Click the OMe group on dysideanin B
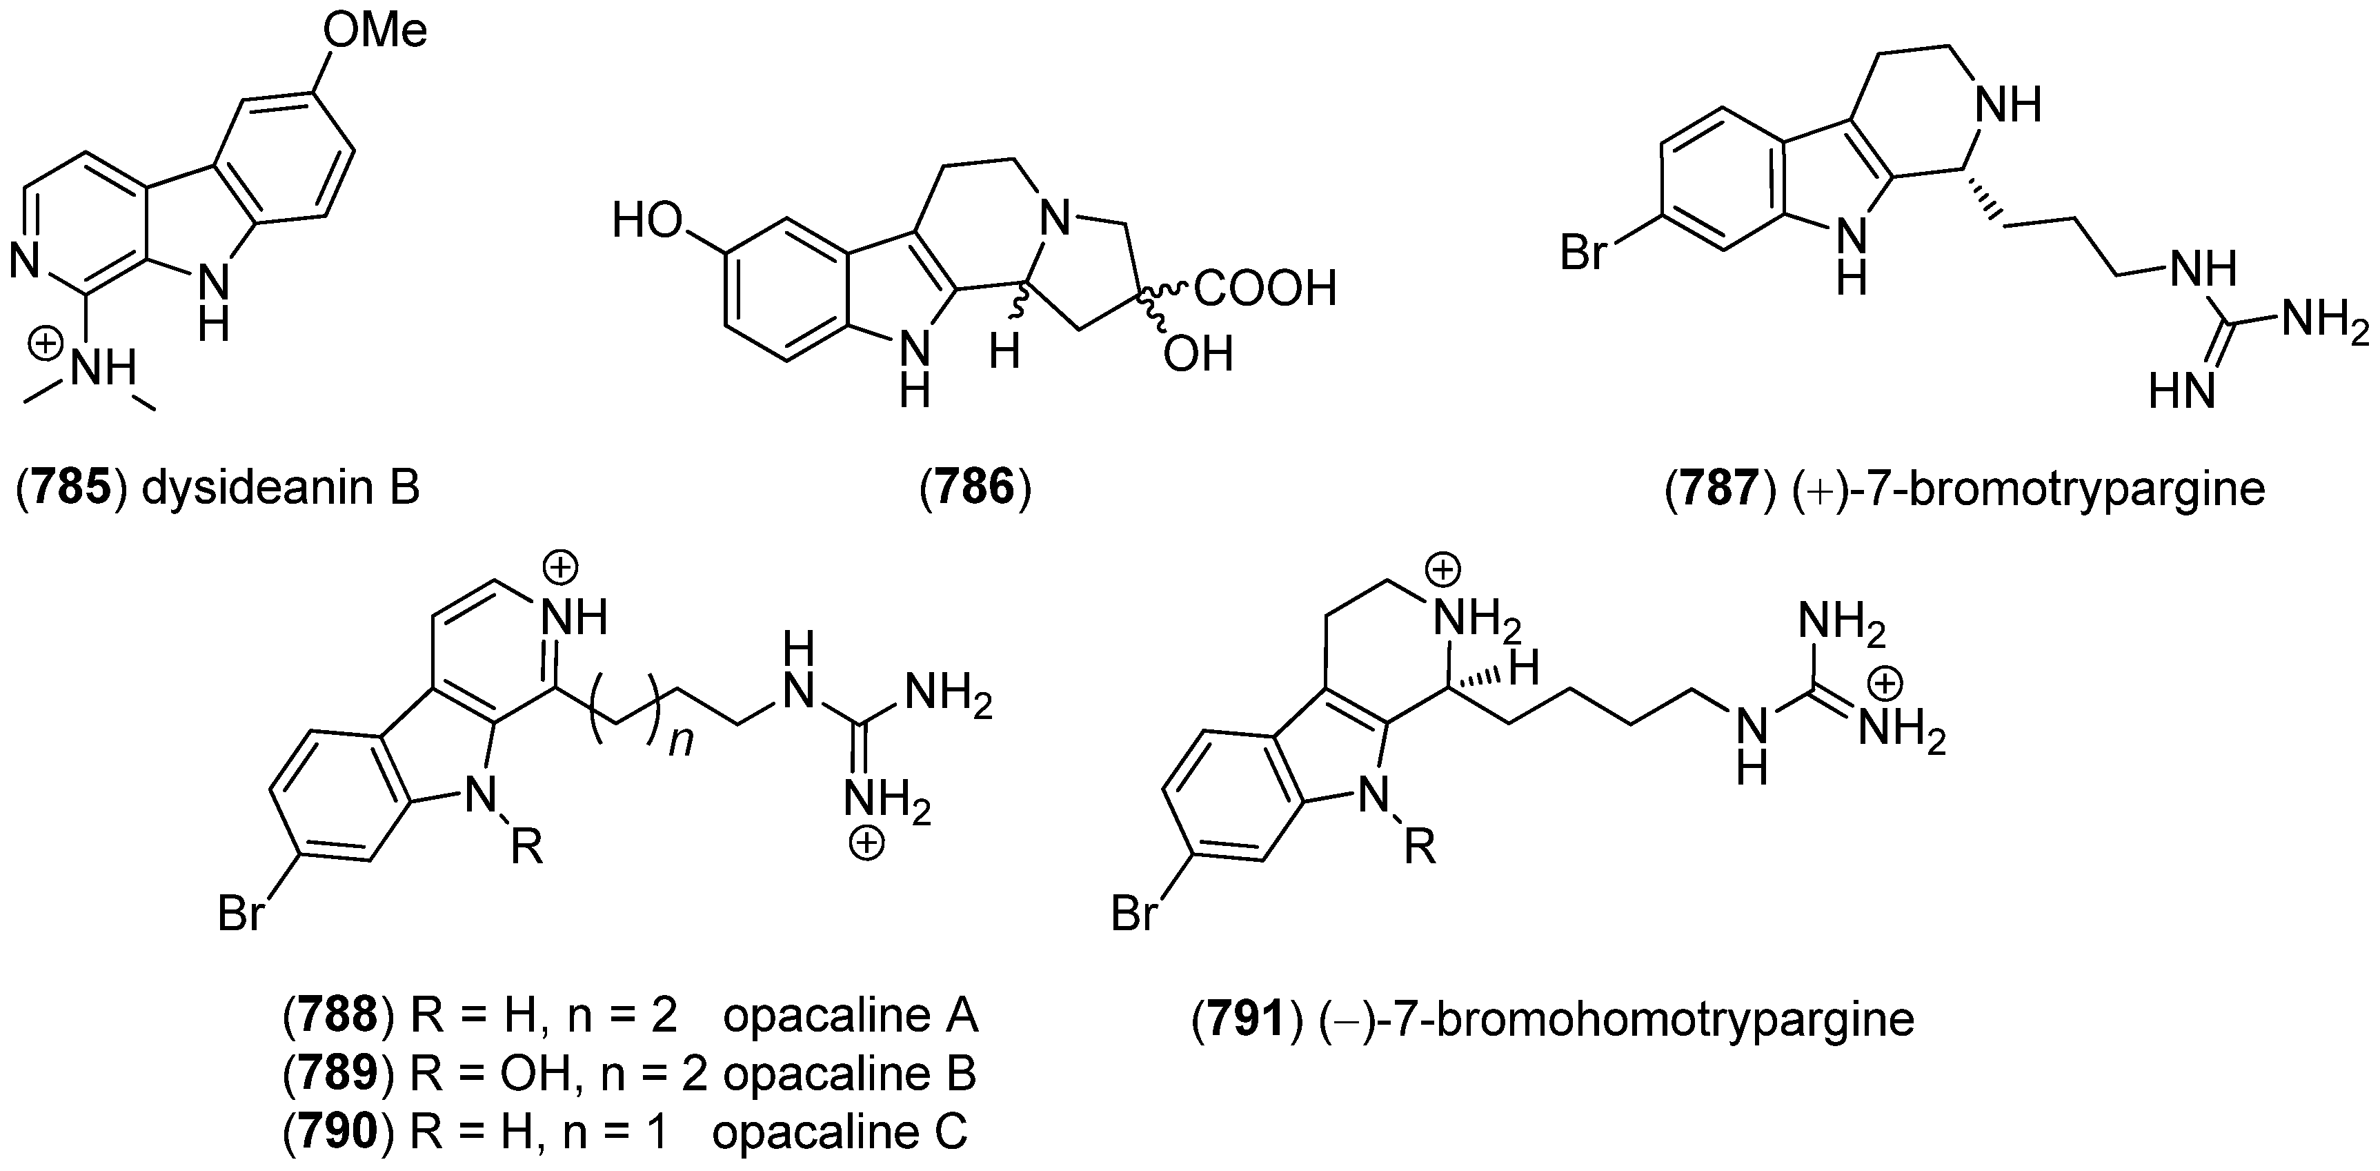point(374,32)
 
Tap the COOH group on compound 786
point(1265,289)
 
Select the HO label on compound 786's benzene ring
point(648,222)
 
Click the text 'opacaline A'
point(850,1016)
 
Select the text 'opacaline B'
point(850,1074)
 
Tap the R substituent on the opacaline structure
point(528,847)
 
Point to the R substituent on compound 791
point(1420,847)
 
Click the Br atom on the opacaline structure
point(241,914)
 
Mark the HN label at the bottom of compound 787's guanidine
point(2182,392)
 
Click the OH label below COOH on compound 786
point(1198,355)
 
